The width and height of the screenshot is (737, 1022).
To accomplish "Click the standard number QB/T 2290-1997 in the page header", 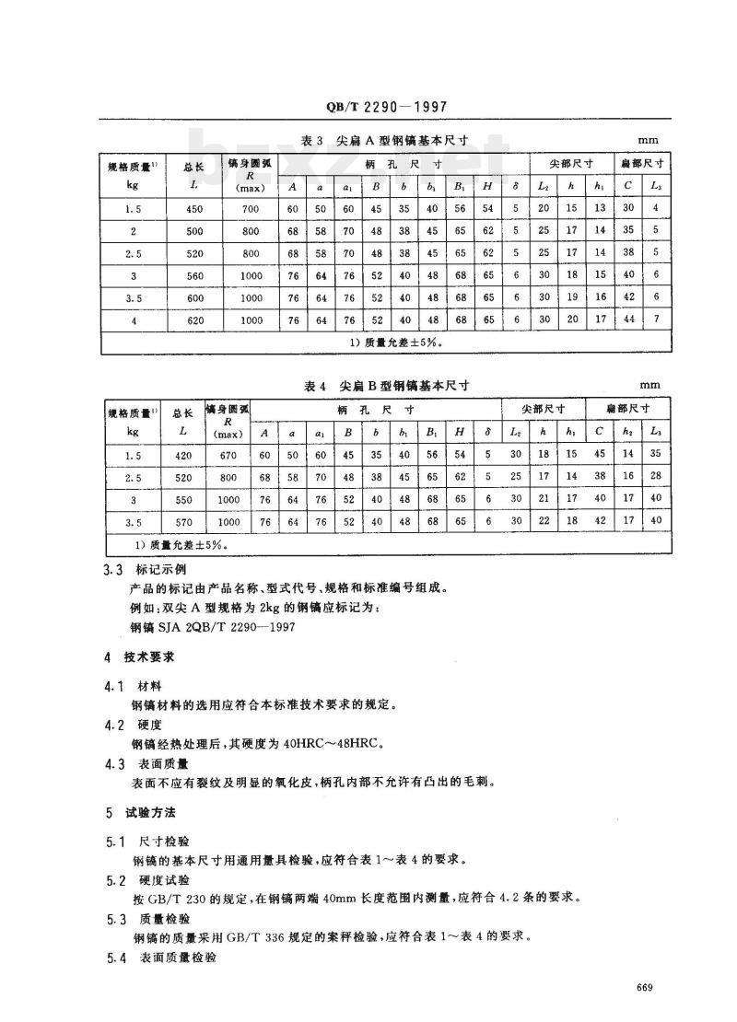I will [387, 108].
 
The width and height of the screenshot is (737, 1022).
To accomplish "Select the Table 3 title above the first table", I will [386, 140].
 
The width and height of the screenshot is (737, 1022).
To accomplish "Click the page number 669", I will [644, 988].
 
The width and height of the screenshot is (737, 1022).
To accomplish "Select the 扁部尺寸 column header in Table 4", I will [629, 408].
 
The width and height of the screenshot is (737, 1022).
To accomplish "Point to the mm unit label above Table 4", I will [649, 386].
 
